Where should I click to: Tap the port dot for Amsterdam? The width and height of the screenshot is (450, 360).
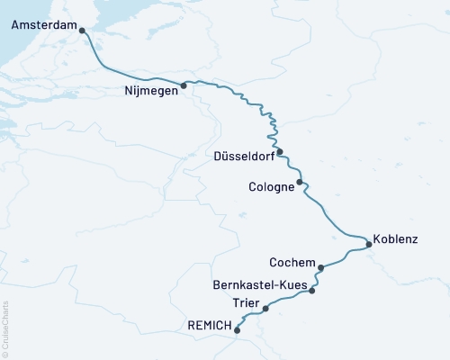pos(83,31)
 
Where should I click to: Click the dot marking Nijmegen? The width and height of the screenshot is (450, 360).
pos(184,86)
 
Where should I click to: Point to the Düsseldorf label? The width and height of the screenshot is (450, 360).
pos(243,156)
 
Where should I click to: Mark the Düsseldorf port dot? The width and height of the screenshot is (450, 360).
pos(280,151)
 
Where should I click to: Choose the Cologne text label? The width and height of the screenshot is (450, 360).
pos(271,187)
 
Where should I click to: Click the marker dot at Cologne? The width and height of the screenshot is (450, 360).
pos(300,182)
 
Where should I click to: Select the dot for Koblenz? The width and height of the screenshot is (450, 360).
pos(369,244)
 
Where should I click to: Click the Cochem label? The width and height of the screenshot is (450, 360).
pos(292,263)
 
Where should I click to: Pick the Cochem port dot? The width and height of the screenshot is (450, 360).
pos(321,267)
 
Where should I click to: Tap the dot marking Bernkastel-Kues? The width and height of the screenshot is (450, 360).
pos(311,291)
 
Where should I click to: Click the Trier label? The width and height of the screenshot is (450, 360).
pos(246,302)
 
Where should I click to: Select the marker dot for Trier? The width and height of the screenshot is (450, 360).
pos(265,309)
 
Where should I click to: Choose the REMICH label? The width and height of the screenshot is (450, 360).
pos(209,325)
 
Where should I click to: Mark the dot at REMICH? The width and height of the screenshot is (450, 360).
pos(237,330)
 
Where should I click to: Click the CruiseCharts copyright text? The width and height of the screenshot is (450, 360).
pos(5,328)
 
